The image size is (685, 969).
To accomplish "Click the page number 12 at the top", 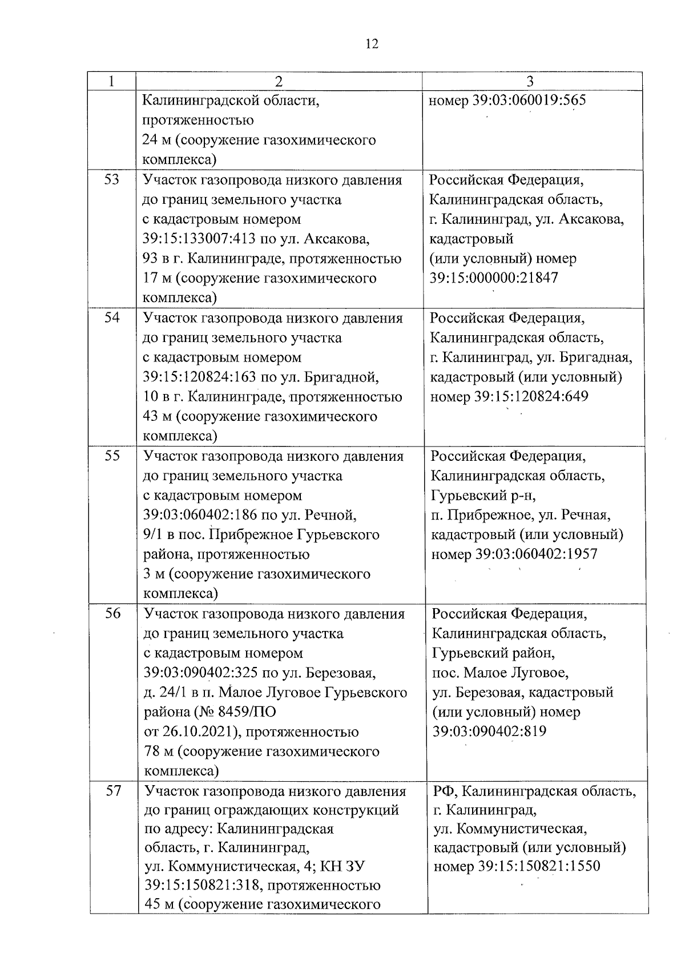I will pyautogui.click(x=371, y=45).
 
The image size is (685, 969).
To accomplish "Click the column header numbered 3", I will pyautogui.click(x=530, y=81).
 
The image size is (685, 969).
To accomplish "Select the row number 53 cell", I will pyautogui.click(x=112, y=180).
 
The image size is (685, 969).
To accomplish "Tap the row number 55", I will pyautogui.click(x=112, y=456).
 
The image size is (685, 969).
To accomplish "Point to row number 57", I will pyautogui.click(x=114, y=791).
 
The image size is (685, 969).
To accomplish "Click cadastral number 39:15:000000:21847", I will pyautogui.click(x=494, y=278).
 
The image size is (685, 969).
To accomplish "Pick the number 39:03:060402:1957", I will pyautogui.click(x=536, y=554).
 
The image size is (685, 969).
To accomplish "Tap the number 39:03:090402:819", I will pyautogui.click(x=489, y=731).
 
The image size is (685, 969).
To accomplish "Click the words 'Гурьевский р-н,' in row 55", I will pyautogui.click(x=483, y=495).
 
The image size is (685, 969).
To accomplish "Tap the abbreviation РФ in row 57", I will pyautogui.click(x=444, y=791).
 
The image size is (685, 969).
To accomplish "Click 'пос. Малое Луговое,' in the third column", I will pyautogui.click(x=500, y=673).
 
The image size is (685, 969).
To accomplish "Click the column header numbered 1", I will pyautogui.click(x=111, y=81).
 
